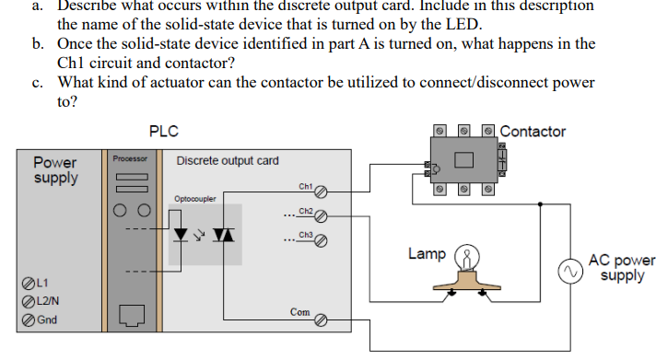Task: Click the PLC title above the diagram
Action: [163, 131]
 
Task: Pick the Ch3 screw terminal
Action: [321, 242]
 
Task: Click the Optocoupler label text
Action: [194, 198]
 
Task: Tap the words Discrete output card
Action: [227, 160]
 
